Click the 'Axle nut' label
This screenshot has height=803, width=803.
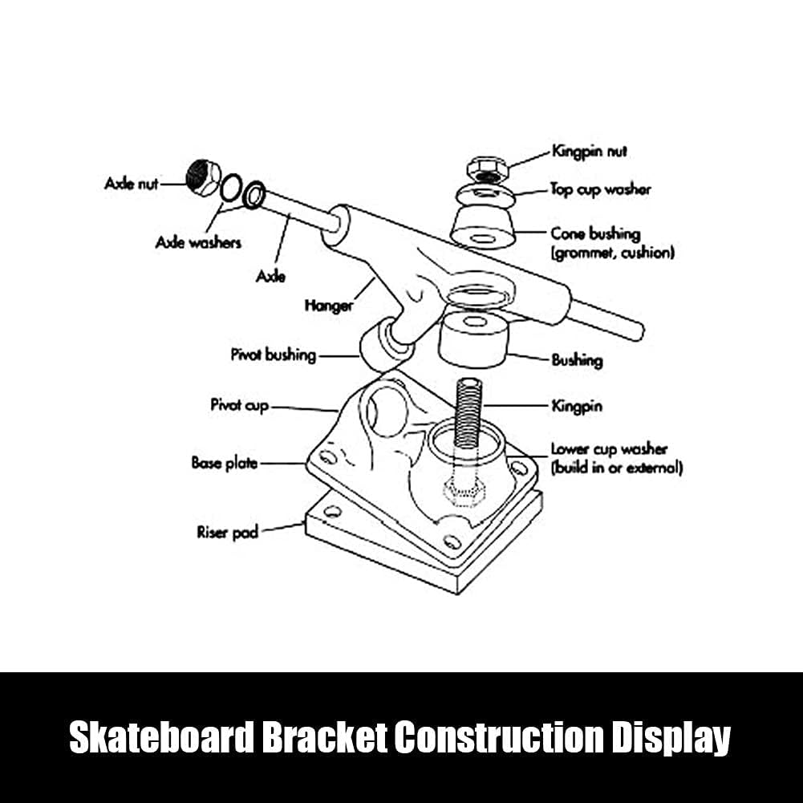click(x=131, y=184)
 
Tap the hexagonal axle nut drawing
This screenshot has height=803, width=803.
click(x=203, y=176)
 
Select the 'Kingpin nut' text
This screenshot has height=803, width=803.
click(x=589, y=152)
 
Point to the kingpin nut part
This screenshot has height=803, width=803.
click(x=486, y=169)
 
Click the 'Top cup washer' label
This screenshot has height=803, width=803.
click(x=600, y=189)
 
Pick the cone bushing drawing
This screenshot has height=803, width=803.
click(x=482, y=226)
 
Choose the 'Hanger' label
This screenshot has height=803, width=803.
click(x=329, y=306)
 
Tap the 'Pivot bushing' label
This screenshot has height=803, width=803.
click(x=274, y=355)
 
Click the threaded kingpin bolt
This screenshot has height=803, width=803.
click(x=468, y=412)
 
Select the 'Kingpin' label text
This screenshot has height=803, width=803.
click(x=577, y=406)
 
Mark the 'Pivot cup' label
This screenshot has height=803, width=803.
click(x=240, y=405)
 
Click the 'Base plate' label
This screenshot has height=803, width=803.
click(x=225, y=463)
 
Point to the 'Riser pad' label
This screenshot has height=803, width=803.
click(x=227, y=533)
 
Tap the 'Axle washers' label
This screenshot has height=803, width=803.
click(x=198, y=242)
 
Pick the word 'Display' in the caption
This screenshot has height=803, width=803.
click(x=671, y=738)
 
